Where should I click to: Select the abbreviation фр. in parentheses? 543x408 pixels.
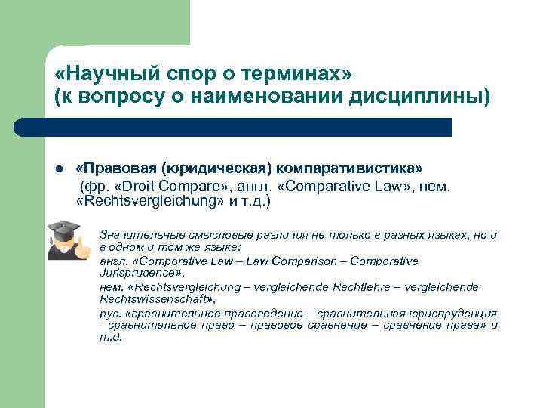(x=101, y=184)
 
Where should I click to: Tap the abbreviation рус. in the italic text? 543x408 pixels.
(x=109, y=313)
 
